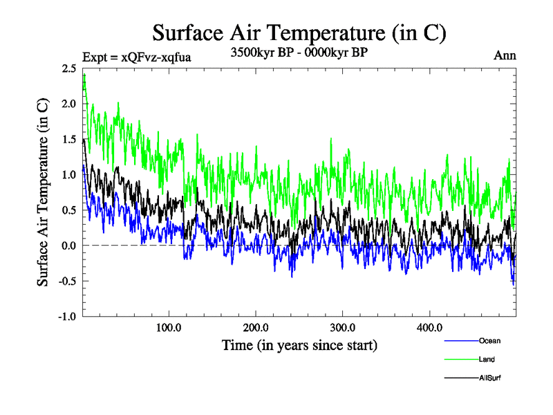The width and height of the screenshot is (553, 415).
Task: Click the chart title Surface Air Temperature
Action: [x=299, y=33]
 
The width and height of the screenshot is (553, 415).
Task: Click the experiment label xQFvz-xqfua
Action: [x=136, y=57]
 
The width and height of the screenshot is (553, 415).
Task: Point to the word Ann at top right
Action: [x=505, y=56]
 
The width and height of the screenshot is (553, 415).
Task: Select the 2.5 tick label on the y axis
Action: [x=68, y=68]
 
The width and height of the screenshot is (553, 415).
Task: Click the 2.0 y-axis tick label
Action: [x=68, y=104]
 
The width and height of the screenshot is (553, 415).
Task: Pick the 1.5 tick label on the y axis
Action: [x=68, y=139]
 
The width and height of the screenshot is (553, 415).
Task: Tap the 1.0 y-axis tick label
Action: [x=68, y=175]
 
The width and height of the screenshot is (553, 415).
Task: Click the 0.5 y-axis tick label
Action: [x=68, y=210]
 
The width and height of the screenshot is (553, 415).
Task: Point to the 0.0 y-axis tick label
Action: [x=68, y=246]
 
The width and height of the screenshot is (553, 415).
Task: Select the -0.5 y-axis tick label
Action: [x=66, y=282]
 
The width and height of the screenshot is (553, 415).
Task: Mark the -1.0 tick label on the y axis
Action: [x=66, y=317]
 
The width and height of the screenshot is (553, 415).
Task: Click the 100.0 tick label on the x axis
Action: [x=169, y=327]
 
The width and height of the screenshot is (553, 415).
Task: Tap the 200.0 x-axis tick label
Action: [x=256, y=327]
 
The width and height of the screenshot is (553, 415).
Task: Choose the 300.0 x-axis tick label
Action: [x=343, y=327]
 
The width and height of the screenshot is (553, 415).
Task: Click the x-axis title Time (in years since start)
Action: [x=299, y=344]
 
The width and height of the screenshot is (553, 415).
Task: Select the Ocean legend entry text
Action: [x=489, y=341]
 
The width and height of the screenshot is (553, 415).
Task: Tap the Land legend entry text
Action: [x=486, y=359]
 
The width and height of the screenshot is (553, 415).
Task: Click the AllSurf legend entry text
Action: [x=489, y=377]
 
